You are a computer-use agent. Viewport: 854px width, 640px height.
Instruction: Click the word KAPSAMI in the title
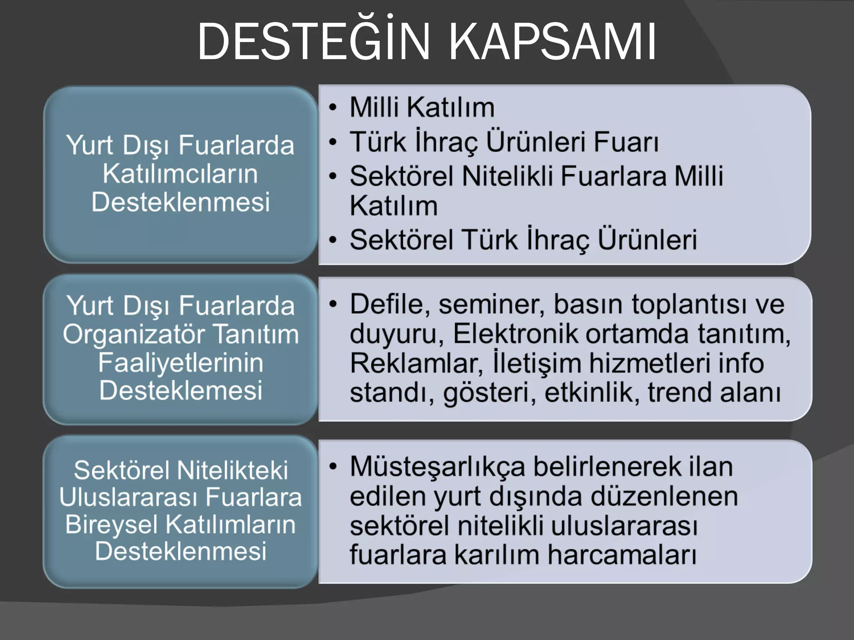coord(553,42)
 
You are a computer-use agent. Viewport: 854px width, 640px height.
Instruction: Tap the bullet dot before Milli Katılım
coord(332,107)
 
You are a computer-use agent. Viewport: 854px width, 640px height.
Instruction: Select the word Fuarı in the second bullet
coord(626,142)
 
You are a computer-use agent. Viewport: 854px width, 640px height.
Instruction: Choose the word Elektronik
coord(515,334)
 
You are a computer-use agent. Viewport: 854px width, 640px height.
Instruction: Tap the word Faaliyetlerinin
coord(181,362)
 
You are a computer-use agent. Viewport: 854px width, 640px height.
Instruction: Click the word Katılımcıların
coord(180,174)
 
